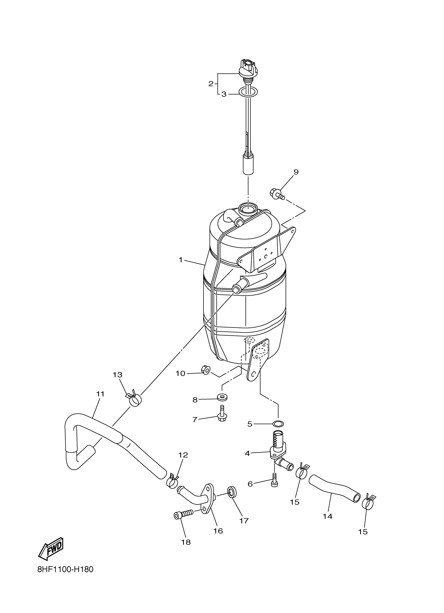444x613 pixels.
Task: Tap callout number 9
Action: coord(296,172)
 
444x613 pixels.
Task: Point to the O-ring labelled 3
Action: coord(248,92)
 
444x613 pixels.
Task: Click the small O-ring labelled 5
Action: coord(278,423)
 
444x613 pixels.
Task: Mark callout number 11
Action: coord(100,394)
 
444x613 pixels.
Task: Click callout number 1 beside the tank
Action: coord(180,260)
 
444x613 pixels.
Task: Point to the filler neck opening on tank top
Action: coord(248,208)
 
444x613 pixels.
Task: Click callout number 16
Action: coord(218,531)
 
